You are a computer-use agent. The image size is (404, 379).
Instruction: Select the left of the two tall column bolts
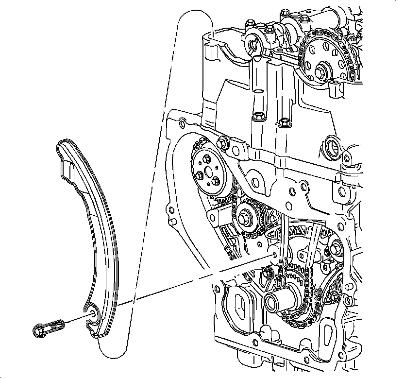(257, 117)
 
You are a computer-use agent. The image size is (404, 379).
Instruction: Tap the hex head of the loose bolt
(39, 330)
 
